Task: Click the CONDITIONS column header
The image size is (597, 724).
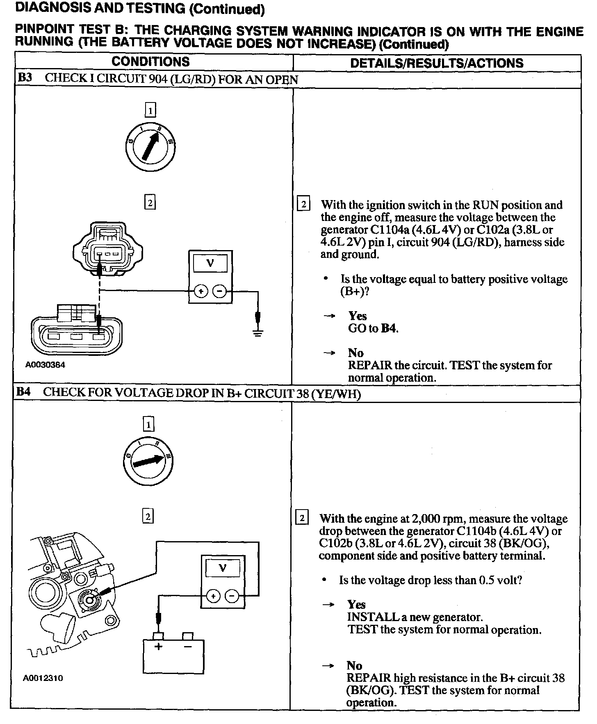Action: (x=150, y=62)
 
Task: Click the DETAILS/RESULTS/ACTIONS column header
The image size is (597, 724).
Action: (x=437, y=63)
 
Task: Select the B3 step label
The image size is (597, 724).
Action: (x=25, y=78)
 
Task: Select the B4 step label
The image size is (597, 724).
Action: (x=23, y=392)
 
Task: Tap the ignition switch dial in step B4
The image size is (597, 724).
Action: (x=148, y=461)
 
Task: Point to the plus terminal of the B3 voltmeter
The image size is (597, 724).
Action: (x=201, y=291)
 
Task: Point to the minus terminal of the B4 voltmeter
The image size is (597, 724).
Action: (x=232, y=596)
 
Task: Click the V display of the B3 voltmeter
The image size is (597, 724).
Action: (x=210, y=263)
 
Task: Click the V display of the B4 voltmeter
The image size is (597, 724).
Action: (x=223, y=568)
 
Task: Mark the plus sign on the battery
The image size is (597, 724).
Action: (x=158, y=647)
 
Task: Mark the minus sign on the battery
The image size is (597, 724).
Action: (x=188, y=647)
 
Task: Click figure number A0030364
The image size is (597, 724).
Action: (x=45, y=365)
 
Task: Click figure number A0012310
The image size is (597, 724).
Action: (x=43, y=678)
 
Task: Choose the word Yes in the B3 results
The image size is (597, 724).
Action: (x=358, y=316)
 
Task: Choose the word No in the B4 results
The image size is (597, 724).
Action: (x=354, y=665)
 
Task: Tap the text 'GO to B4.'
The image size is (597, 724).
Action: (x=373, y=328)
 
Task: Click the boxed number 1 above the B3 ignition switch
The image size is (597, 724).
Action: (x=150, y=110)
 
